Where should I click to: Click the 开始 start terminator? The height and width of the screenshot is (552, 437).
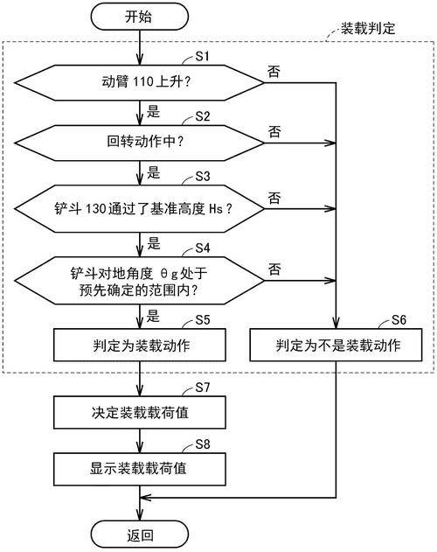coord(140,17)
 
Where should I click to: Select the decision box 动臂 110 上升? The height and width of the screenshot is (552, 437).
coord(140,83)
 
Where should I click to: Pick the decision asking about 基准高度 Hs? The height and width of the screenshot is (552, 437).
coord(140,208)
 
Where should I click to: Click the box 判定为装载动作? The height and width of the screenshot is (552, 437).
coord(140,345)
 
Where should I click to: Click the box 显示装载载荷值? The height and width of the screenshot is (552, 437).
coord(140,467)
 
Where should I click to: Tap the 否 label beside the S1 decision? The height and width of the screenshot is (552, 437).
coord(274,71)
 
